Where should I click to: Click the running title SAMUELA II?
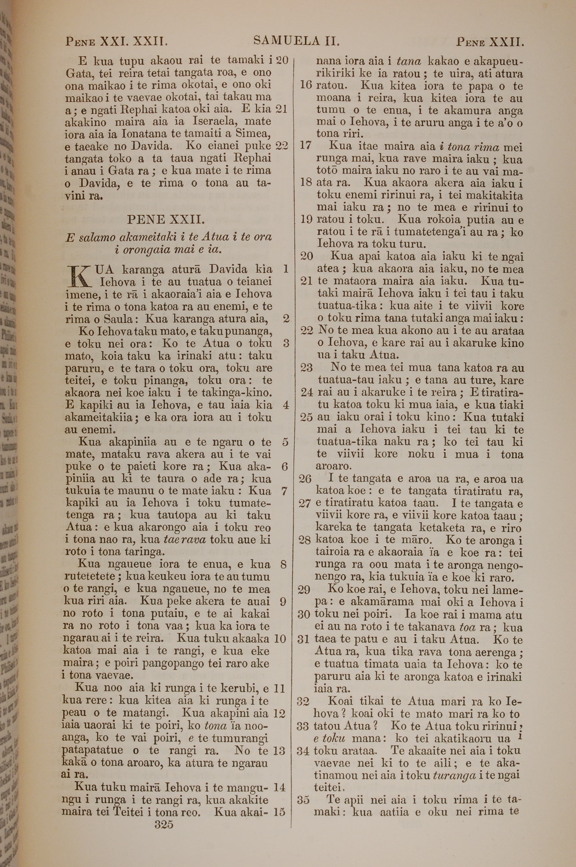click(296, 41)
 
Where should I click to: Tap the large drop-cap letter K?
click(79, 275)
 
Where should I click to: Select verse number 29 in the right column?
click(304, 590)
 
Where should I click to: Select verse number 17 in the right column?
click(306, 146)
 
